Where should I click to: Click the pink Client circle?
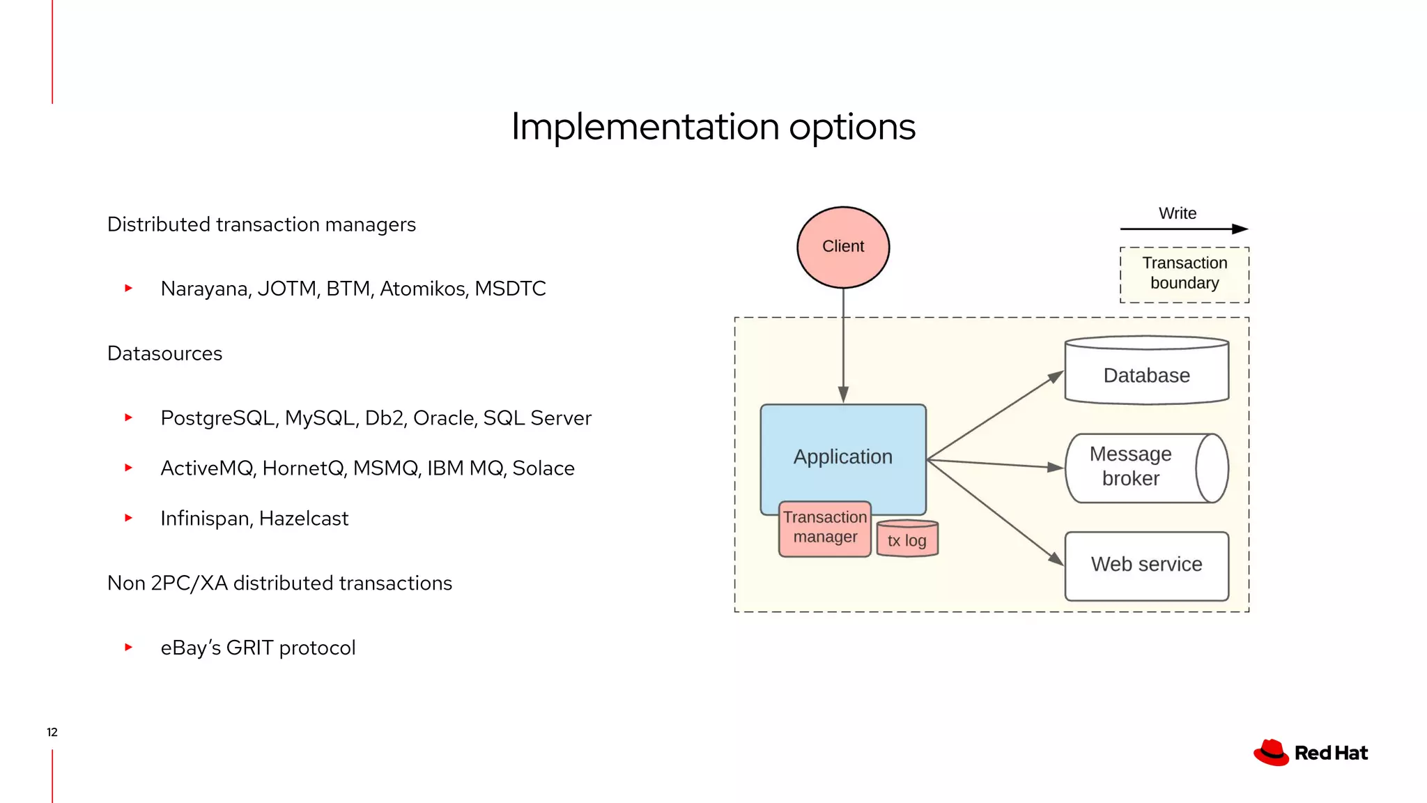tap(842, 247)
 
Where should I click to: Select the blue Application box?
tap(842, 446)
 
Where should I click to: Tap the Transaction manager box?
tap(824, 528)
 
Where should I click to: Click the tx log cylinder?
tap(907, 540)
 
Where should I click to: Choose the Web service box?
tap(1146, 565)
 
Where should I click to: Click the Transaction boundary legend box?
tap(1184, 275)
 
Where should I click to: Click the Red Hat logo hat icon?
tap(1271, 753)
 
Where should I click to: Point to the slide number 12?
tap(52, 732)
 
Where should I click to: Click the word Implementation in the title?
tap(645, 128)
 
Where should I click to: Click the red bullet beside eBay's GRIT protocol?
tap(128, 648)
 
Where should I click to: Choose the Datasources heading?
tap(164, 353)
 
